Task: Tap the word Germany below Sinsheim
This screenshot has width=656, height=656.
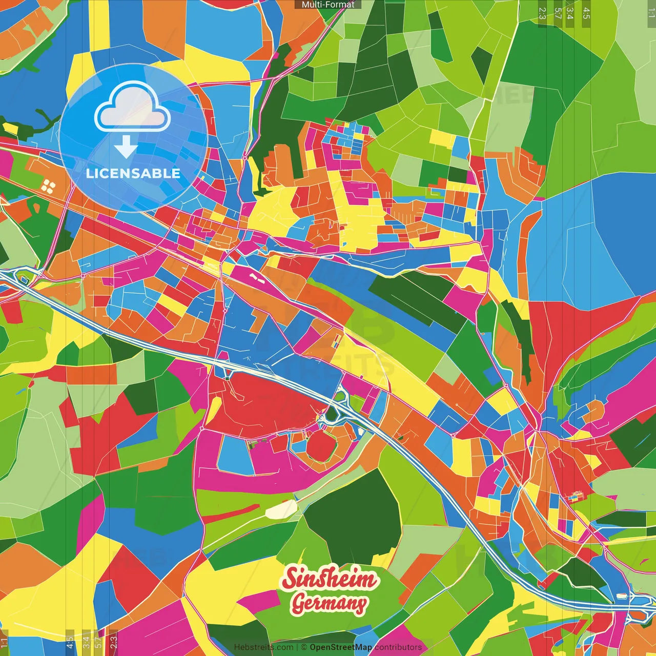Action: tap(330, 603)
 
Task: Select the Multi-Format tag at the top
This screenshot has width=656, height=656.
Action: tap(328, 5)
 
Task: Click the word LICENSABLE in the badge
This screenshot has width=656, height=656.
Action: tap(133, 173)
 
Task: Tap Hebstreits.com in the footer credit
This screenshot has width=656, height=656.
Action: tap(263, 647)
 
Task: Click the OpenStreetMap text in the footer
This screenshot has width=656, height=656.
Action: tap(341, 647)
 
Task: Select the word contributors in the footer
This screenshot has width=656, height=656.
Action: tap(398, 647)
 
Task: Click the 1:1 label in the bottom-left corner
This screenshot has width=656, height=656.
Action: tap(4, 642)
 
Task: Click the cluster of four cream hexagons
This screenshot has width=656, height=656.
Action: tap(49, 186)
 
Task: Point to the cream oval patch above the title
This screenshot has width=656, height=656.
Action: tap(281, 509)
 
